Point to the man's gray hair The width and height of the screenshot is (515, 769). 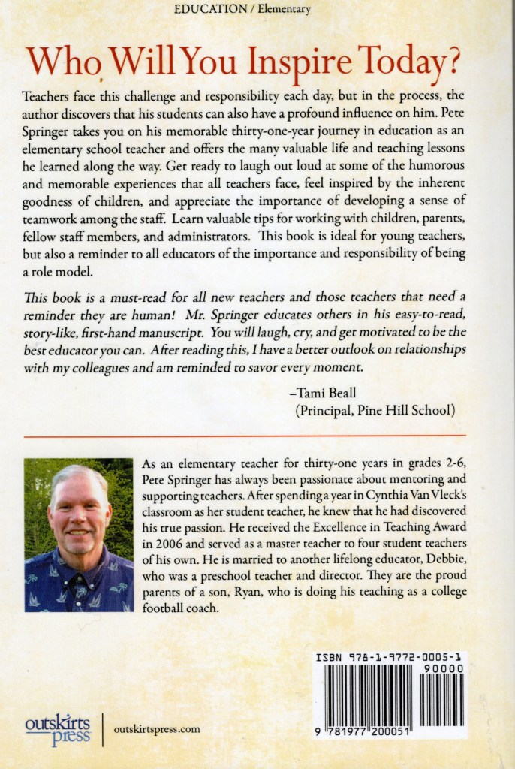(x=78, y=475)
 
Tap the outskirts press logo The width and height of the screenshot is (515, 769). (x=57, y=728)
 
